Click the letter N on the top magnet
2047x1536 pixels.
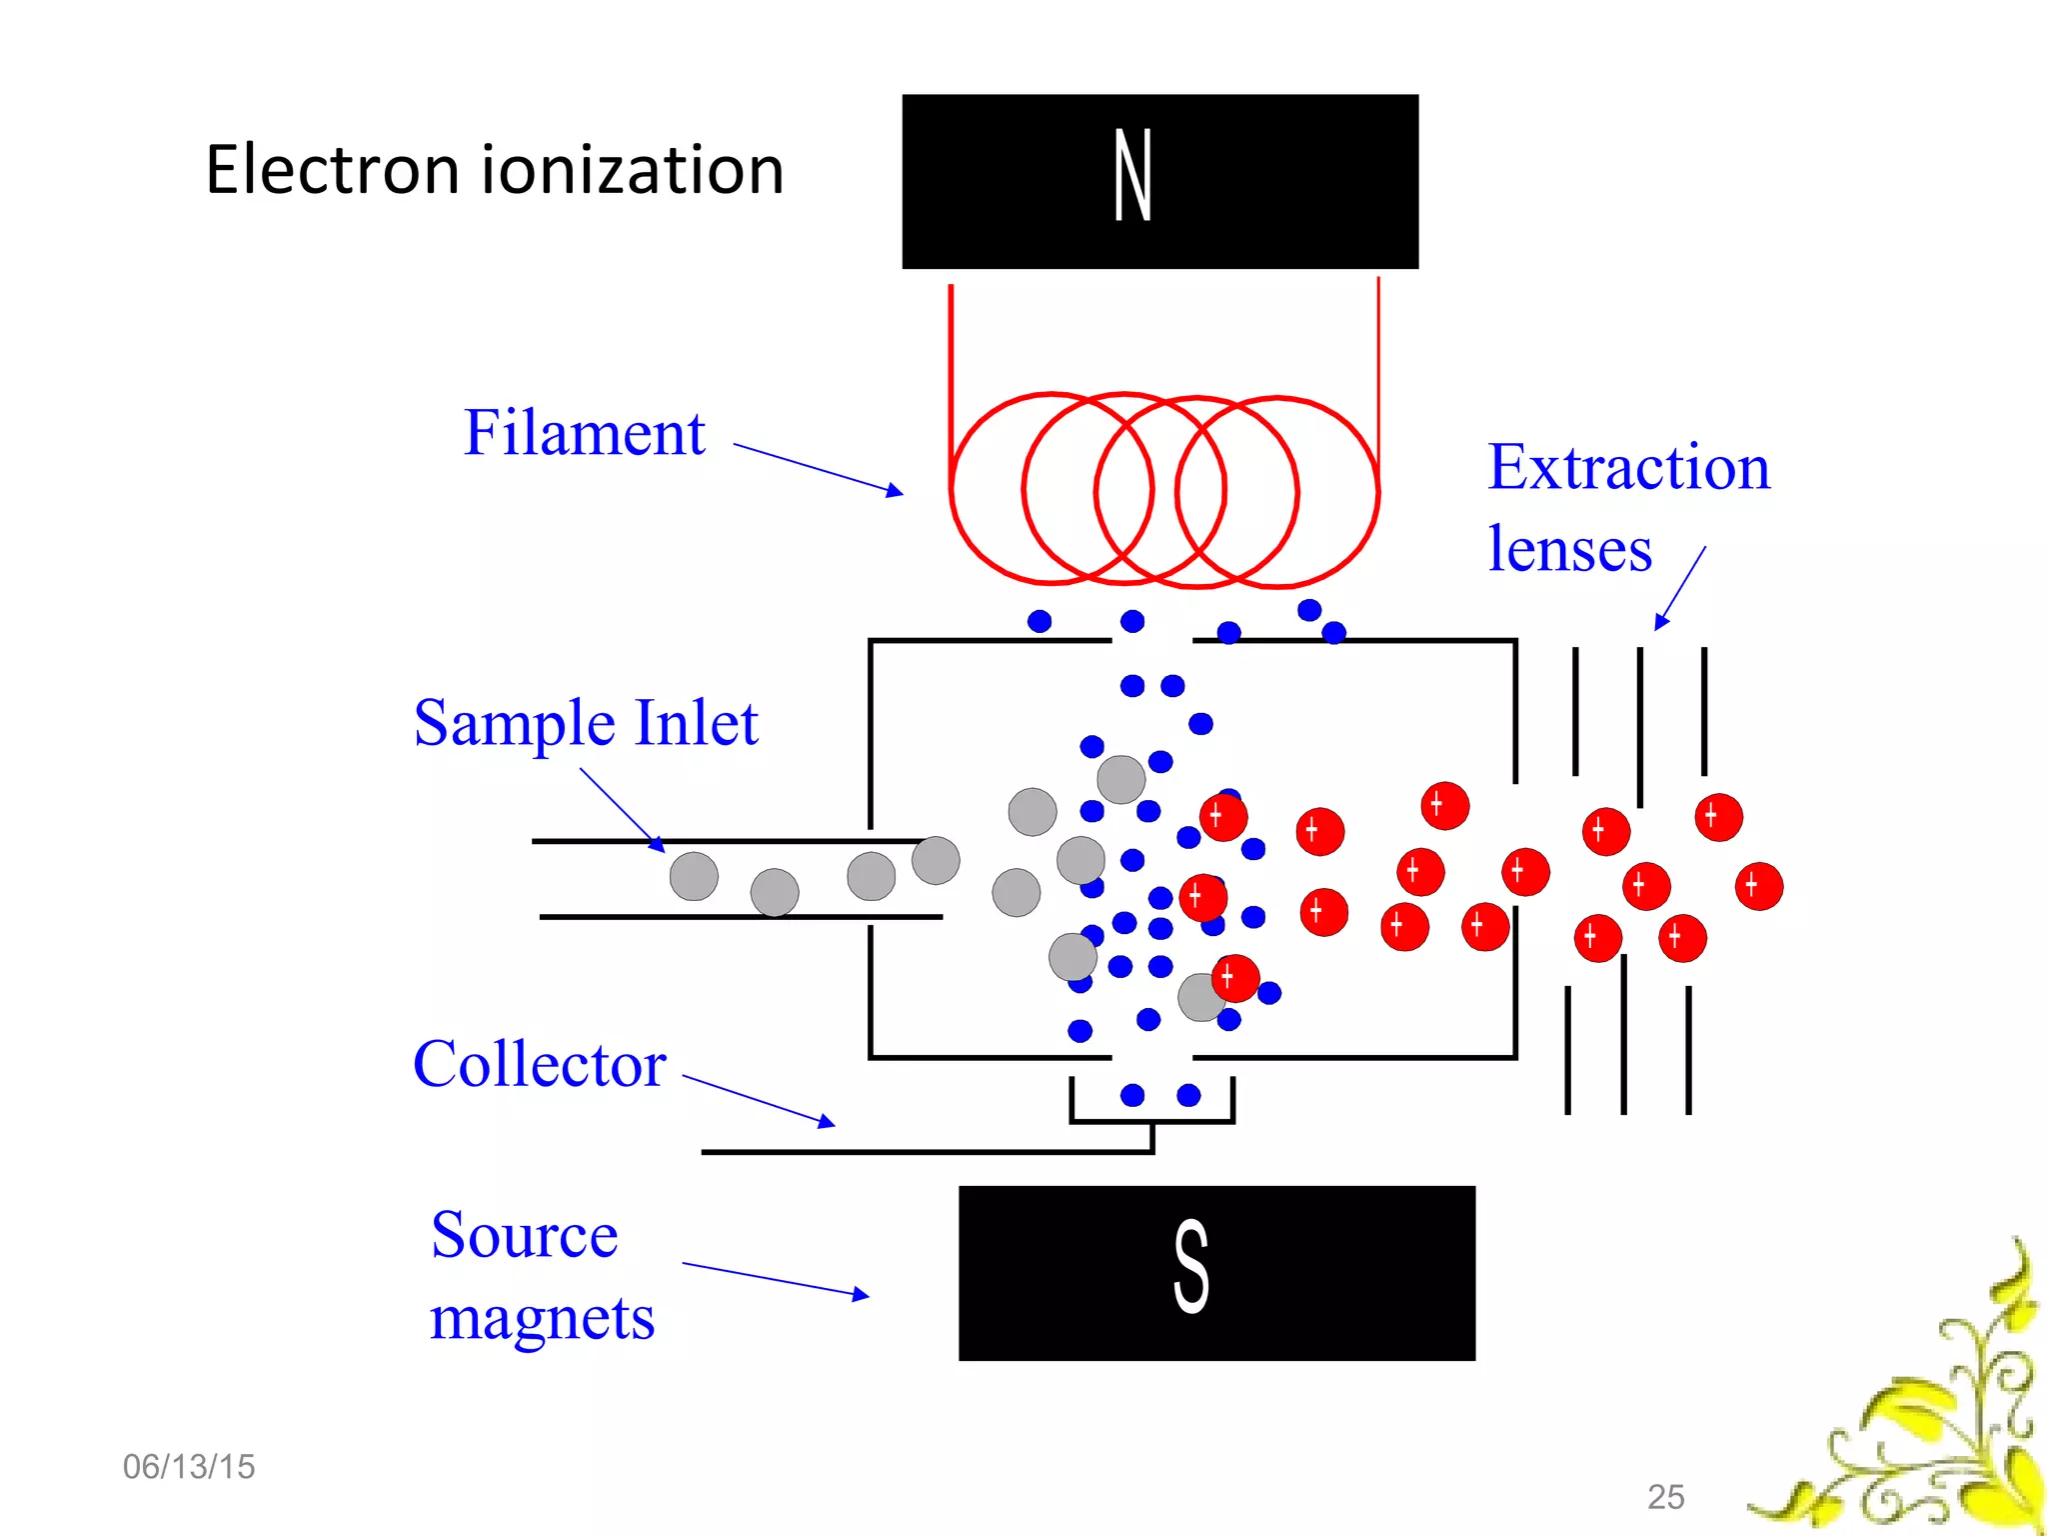click(x=1133, y=176)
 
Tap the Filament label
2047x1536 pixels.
click(x=585, y=433)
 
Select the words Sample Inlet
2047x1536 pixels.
click(x=586, y=723)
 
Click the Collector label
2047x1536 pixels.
click(x=539, y=1064)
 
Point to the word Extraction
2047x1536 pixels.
click(x=1628, y=468)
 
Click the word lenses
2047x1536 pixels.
click(x=1569, y=550)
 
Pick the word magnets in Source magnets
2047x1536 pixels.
click(x=542, y=1318)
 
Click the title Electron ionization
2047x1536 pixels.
click(x=495, y=170)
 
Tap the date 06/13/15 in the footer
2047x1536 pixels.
click(x=189, y=1467)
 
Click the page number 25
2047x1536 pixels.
click(x=1665, y=1497)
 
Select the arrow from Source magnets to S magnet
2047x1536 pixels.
click(x=775, y=1280)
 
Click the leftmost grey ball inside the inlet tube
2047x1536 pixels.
click(x=694, y=877)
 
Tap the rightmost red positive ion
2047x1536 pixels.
click(x=1758, y=886)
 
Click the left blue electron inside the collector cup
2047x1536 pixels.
click(x=1132, y=1095)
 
